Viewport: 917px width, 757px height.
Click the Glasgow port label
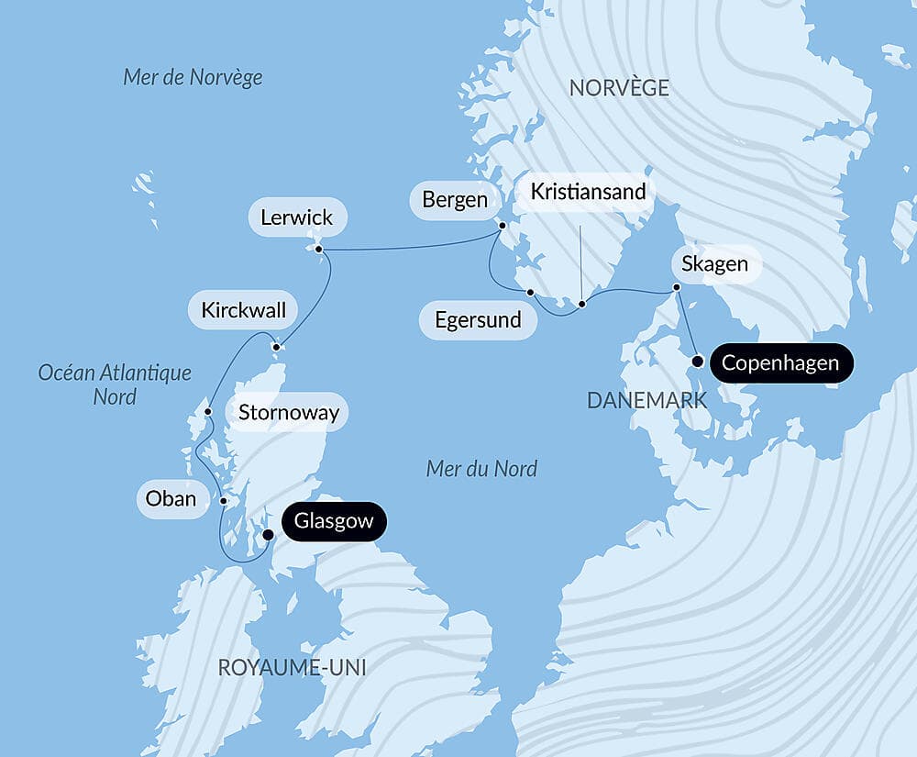[x=334, y=522]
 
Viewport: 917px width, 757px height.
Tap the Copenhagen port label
[x=779, y=363]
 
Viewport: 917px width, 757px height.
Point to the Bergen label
[x=455, y=200]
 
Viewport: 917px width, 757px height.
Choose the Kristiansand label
[x=588, y=193]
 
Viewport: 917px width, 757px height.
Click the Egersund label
[x=478, y=320]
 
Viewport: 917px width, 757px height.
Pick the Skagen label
[x=714, y=265]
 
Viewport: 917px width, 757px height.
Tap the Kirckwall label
[x=243, y=310]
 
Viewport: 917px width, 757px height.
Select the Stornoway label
[x=288, y=413]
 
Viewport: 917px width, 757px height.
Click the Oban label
[x=171, y=499]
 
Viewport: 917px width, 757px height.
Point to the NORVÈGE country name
[x=619, y=89]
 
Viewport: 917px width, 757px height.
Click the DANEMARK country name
[x=646, y=400]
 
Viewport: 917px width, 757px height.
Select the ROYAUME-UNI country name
[x=292, y=668]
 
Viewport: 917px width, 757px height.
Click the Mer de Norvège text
[x=193, y=77]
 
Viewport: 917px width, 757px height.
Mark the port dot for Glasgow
[x=268, y=534]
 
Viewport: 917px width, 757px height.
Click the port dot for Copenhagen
[x=697, y=362]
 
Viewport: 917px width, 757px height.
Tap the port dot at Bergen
[x=503, y=225]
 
